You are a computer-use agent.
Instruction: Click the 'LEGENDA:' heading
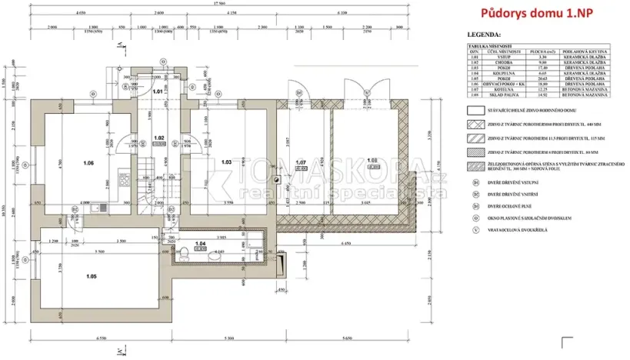[x=484, y=35]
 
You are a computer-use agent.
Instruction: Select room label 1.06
[x=88, y=163]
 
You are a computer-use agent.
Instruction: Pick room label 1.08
[x=372, y=160]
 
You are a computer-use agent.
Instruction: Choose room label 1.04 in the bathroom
[x=201, y=244]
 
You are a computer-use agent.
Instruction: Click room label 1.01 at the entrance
[x=158, y=92]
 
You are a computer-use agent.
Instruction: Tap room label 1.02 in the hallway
[x=158, y=138]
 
